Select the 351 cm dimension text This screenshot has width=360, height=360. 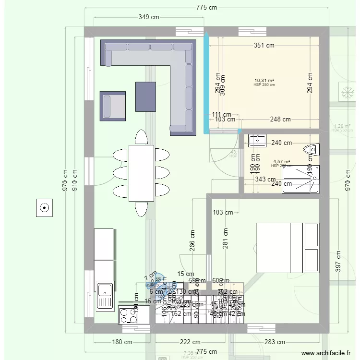pos(264,46)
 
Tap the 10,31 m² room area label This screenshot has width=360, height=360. pos(264,81)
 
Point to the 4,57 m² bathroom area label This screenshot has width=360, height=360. pos(281,162)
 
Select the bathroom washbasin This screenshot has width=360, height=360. pos(257,140)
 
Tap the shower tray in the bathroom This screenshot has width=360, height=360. pos(300,179)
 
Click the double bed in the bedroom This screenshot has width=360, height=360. pos(288,248)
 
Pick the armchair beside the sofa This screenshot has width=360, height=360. pos(113,106)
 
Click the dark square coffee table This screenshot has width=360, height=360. pos(146,96)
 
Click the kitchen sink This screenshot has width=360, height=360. pos(104,295)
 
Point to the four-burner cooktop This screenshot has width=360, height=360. pos(128,315)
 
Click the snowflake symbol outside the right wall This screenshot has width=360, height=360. pos(345,92)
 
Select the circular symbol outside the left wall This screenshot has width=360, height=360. pos(44,208)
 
